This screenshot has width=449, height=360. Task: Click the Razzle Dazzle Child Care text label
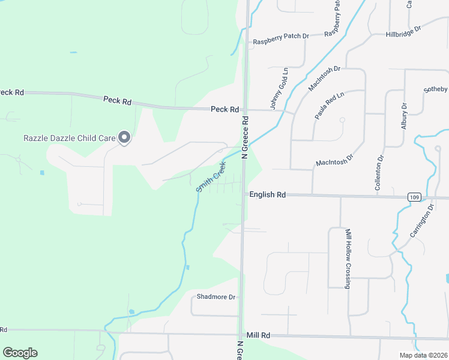(x=69, y=138)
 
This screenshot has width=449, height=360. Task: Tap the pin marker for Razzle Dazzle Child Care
(x=124, y=138)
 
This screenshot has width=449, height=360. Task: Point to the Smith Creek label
(x=211, y=176)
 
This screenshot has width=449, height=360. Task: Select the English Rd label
(x=267, y=195)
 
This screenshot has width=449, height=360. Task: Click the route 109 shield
(x=414, y=197)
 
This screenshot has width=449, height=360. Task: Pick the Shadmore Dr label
(x=217, y=297)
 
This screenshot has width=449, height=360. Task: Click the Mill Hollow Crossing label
(x=348, y=258)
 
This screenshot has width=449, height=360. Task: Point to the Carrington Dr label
(x=422, y=223)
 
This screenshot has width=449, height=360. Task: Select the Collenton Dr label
(x=379, y=174)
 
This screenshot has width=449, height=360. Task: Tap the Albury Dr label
(x=404, y=115)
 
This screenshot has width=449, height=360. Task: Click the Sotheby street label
(x=436, y=90)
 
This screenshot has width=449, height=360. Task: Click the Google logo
(x=20, y=353)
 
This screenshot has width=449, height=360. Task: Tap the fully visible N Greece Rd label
(x=245, y=137)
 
